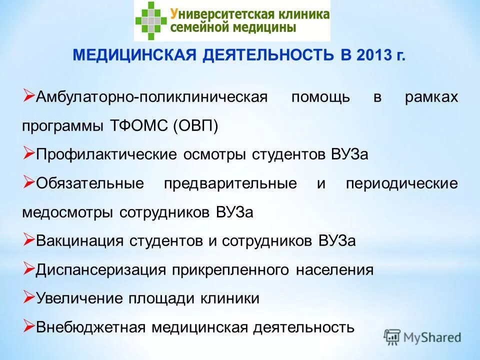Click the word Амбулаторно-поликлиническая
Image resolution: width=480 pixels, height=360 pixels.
[x=152, y=96]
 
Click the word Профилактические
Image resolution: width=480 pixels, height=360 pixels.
[x=106, y=154]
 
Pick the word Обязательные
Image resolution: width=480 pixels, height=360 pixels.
[x=90, y=183]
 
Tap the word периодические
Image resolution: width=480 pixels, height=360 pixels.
[x=401, y=183]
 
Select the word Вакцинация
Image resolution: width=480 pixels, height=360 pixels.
[x=79, y=240]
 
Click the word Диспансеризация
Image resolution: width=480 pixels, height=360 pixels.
[x=100, y=269]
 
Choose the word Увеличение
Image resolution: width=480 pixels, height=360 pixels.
[x=80, y=298]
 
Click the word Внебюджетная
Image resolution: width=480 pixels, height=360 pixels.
[x=90, y=327]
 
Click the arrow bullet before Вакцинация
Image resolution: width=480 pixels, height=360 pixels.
[x=28, y=240]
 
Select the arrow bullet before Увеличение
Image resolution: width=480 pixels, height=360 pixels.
[x=28, y=298]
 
